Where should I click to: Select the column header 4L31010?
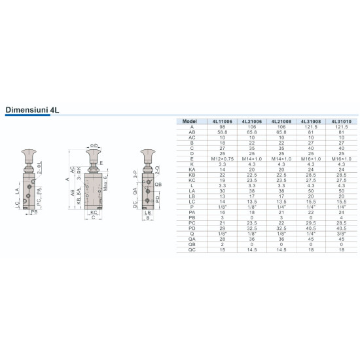pyautogui.click(x=340, y=121)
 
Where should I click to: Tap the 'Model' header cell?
pyautogui.click(x=189, y=121)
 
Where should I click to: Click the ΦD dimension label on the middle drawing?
pyautogui.click(x=94, y=145)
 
